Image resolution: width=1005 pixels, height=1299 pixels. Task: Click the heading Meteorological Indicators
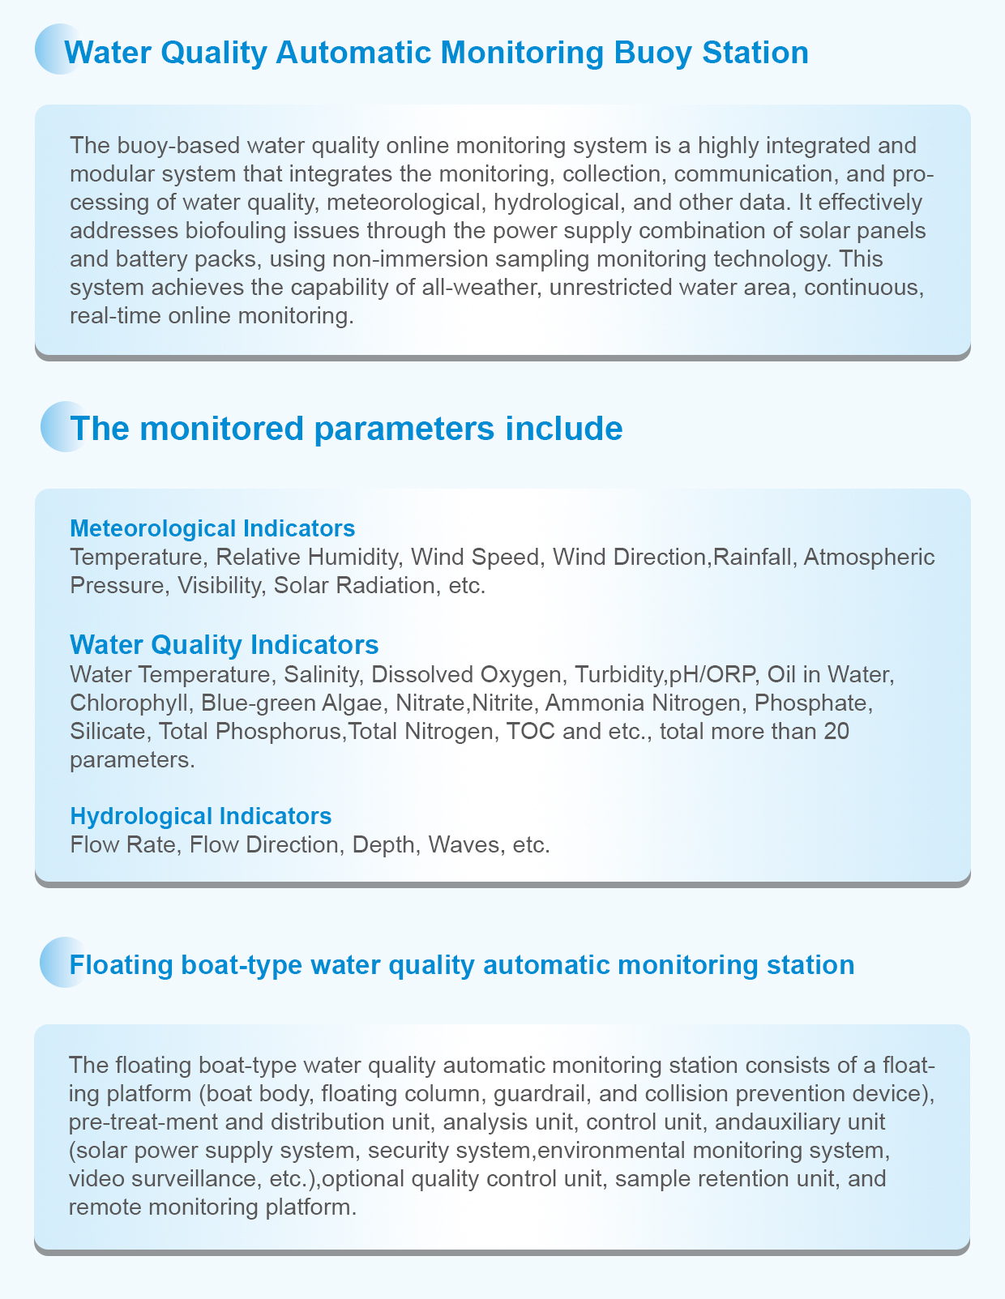212,528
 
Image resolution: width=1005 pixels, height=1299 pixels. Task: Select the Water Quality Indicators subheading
225,644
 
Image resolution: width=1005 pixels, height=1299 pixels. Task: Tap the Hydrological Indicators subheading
201,814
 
